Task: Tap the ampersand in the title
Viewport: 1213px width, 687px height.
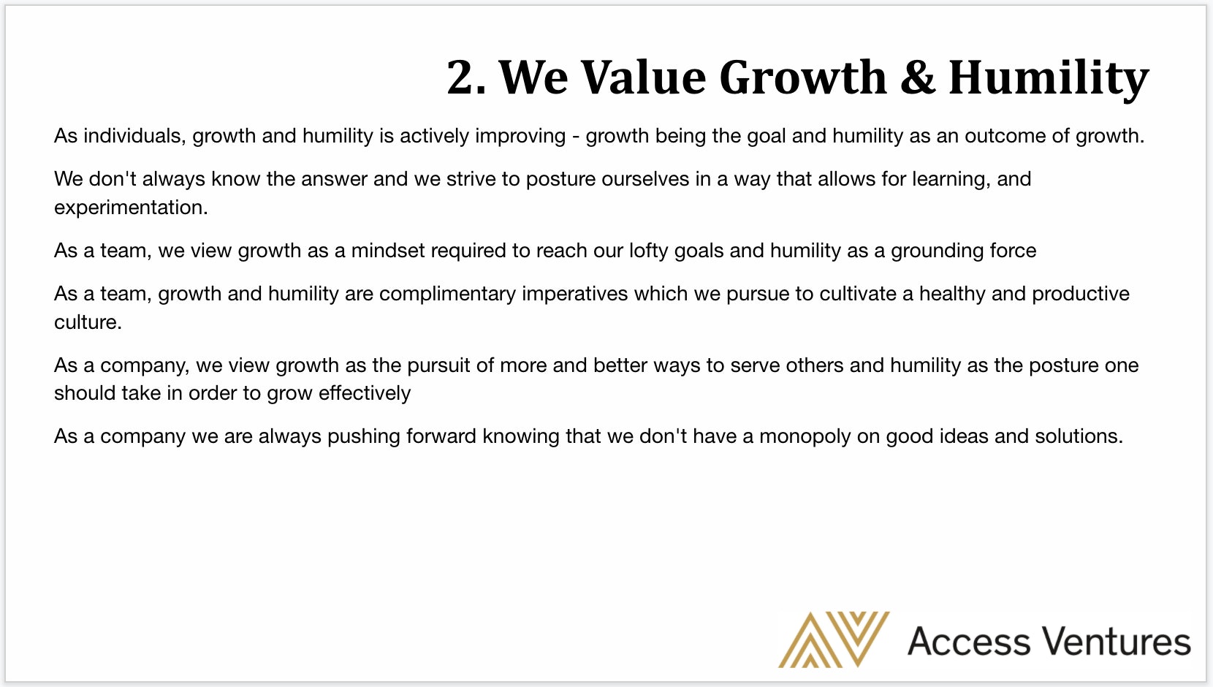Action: click(918, 77)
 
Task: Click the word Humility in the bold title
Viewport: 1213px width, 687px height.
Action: click(1049, 79)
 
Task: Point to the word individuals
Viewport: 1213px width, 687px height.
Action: click(134, 135)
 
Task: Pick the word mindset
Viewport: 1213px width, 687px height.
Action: click(388, 250)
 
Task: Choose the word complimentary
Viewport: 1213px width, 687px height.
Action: click(447, 295)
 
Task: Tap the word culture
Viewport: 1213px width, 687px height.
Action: click(88, 322)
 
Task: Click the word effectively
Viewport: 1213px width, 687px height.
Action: click(365, 393)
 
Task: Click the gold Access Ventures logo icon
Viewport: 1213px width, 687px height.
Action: click(834, 639)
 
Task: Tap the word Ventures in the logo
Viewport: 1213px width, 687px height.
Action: click(1117, 641)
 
